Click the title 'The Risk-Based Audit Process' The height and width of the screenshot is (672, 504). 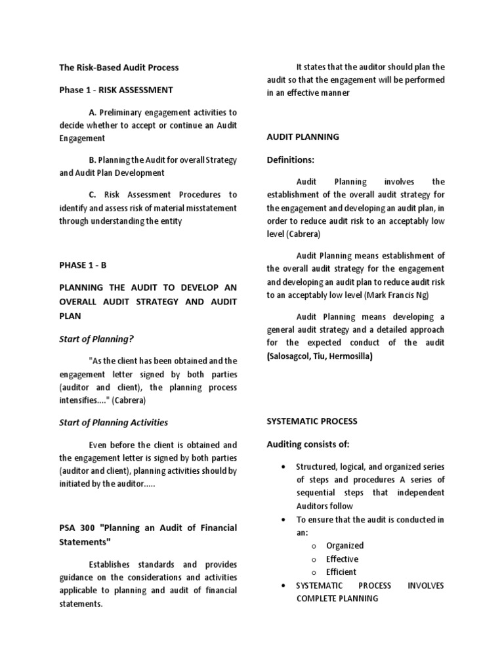pyautogui.click(x=119, y=68)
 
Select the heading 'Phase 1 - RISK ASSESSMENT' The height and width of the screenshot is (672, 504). pyautogui.click(x=116, y=90)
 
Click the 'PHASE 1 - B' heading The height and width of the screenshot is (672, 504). pyautogui.click(x=82, y=265)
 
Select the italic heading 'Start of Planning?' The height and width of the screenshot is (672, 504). pyautogui.click(x=96, y=339)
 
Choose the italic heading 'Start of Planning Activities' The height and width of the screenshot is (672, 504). pyautogui.click(x=114, y=422)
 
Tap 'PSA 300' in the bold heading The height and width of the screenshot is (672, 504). pyautogui.click(x=77, y=528)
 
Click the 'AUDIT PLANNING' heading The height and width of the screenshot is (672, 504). pyautogui.click(x=303, y=137)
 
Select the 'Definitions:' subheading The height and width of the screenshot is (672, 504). pyautogui.click(x=290, y=159)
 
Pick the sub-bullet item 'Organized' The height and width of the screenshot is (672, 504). pyautogui.click(x=345, y=545)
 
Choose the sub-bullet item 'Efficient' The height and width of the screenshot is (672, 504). pyautogui.click(x=341, y=572)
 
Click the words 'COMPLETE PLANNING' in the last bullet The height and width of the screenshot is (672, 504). pyautogui.click(x=337, y=598)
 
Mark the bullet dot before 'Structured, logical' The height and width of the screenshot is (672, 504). pyautogui.click(x=282, y=467)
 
